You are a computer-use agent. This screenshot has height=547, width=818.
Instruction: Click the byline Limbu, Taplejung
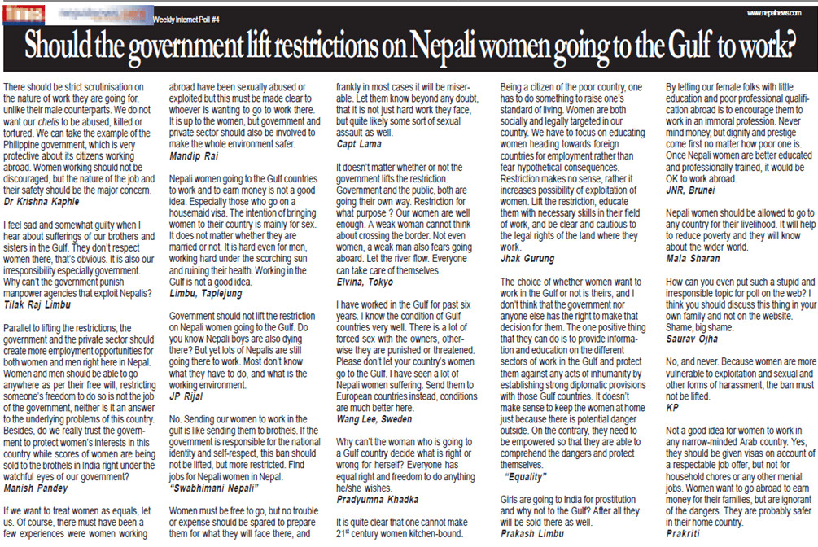(x=207, y=291)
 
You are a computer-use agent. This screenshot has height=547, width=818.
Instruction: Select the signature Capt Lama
(x=361, y=143)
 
